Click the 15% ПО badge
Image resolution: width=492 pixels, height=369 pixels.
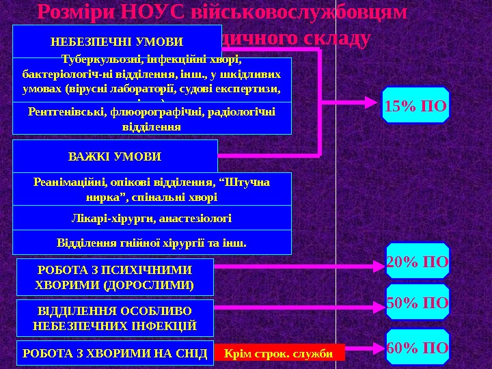(x=415, y=105)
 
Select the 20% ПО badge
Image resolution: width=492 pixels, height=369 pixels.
(x=418, y=261)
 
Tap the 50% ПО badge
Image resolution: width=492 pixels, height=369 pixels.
(x=418, y=303)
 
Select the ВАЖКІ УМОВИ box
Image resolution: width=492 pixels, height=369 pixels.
(x=115, y=156)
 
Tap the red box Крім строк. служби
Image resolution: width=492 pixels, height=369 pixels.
(x=278, y=353)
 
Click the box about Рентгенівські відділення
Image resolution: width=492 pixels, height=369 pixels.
(x=152, y=119)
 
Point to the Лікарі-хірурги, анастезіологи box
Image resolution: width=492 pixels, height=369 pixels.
(x=152, y=218)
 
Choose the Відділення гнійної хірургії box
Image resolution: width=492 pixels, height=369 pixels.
(x=152, y=242)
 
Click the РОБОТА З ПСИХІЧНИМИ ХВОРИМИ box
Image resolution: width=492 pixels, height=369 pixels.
(x=114, y=276)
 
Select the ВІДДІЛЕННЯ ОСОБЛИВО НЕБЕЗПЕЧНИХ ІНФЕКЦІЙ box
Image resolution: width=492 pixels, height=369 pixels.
(x=114, y=318)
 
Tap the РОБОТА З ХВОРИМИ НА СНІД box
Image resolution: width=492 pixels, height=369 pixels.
(x=114, y=353)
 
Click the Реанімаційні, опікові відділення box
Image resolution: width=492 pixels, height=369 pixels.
(x=152, y=189)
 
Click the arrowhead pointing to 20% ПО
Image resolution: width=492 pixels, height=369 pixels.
(x=378, y=262)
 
